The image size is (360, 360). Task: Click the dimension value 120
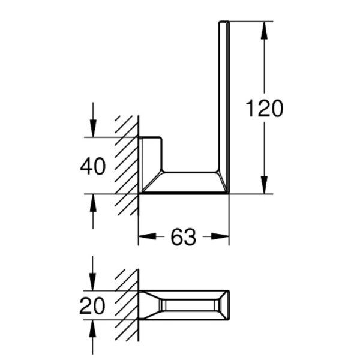tap(264, 108)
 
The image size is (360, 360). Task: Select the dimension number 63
tap(183, 237)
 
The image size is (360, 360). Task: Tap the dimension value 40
tap(93, 166)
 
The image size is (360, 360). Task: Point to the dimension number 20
tap(92, 305)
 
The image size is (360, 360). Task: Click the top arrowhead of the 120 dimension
tap(265, 30)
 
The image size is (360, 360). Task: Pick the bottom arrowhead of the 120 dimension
tap(265, 185)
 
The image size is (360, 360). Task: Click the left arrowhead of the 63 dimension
tap(147, 236)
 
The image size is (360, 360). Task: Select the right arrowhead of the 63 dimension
tap(220, 236)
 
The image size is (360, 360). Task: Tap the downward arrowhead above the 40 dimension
tap(93, 128)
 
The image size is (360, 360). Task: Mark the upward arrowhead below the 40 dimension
tap(93, 203)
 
